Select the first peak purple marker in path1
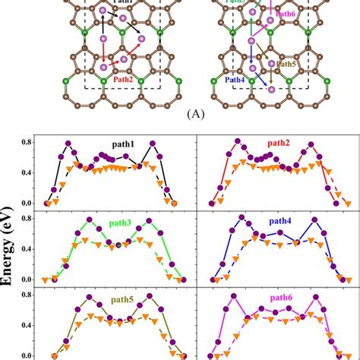tap(68, 143)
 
